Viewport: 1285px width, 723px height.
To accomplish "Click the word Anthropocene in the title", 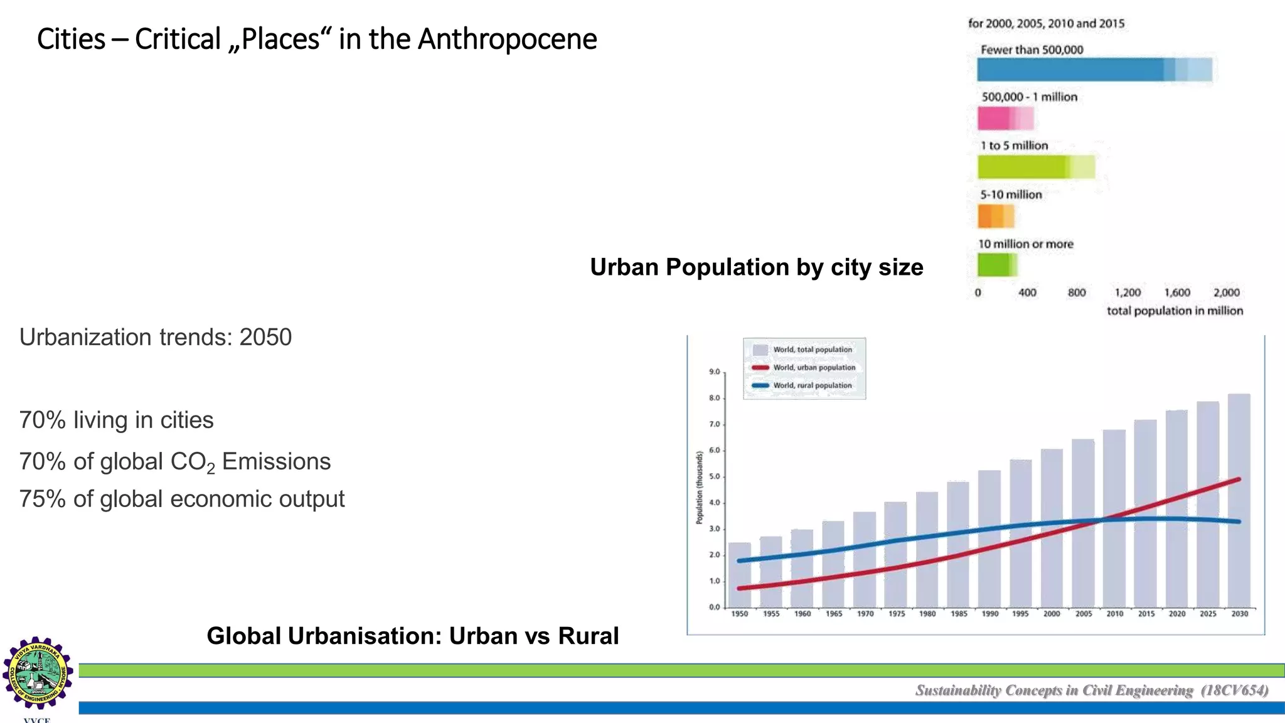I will pyautogui.click(x=507, y=39).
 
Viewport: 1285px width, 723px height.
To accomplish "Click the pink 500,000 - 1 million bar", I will pyautogui.click(x=1005, y=118).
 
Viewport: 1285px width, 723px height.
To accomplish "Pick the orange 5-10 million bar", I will pyautogui.click(x=995, y=217).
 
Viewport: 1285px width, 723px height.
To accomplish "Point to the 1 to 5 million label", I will pyautogui.click(x=1014, y=146).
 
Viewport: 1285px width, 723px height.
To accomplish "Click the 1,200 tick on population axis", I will pyautogui.click(x=1128, y=292).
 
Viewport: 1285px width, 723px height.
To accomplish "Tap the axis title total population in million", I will pyautogui.click(x=1175, y=311).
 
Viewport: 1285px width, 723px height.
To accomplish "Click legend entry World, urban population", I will pyautogui.click(x=814, y=368).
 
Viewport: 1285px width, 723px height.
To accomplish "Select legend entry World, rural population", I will pyautogui.click(x=812, y=385).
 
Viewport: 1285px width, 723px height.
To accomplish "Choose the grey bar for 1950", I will pyautogui.click(x=739, y=574).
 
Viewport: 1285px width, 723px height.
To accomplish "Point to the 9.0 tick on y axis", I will pyautogui.click(x=714, y=372).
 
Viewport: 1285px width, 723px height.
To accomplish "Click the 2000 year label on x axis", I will pyautogui.click(x=1052, y=614).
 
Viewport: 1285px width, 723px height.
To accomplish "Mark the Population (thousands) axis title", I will pyautogui.click(x=699, y=488).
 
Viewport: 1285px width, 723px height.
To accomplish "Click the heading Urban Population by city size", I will pyautogui.click(x=756, y=267).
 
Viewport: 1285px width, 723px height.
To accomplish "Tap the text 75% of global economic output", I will pyautogui.click(x=182, y=499).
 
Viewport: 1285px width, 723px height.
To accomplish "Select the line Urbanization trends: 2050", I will pyautogui.click(x=156, y=338).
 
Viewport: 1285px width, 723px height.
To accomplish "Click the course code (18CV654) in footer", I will pyautogui.click(x=1234, y=690).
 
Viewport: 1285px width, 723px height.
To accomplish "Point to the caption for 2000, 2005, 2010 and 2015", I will pyautogui.click(x=1046, y=24).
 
